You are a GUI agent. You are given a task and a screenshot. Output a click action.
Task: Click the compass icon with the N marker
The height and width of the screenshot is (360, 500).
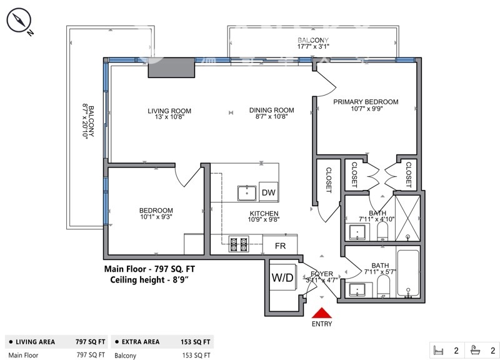pos(19,21)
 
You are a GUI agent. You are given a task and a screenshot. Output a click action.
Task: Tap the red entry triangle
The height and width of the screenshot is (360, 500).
pos(322,312)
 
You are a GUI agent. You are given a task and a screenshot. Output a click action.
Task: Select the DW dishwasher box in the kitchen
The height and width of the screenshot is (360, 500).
pos(269,192)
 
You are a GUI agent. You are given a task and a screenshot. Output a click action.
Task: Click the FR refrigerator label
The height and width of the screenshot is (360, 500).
pos(280,246)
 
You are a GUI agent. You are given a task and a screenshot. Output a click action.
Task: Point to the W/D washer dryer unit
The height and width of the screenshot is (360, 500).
pos(282,277)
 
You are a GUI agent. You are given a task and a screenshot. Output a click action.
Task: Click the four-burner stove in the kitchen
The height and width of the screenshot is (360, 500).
pos(239,244)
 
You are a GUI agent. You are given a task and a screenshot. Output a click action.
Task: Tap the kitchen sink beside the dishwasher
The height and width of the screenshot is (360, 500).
pos(247,193)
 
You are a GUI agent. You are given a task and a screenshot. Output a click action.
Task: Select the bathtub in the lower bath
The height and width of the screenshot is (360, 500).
pos(408,273)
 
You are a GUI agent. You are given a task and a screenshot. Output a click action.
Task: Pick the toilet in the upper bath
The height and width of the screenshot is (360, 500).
pos(382,231)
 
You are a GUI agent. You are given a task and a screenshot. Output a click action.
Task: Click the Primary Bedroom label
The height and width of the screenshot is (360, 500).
pos(366,102)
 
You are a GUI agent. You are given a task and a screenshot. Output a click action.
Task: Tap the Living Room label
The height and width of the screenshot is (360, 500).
pos(169,111)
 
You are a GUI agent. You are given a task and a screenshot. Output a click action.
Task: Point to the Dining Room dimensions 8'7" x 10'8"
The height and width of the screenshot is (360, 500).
pos(272,117)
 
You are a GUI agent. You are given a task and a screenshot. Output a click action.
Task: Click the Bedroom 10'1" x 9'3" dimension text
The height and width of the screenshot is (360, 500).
pos(156,217)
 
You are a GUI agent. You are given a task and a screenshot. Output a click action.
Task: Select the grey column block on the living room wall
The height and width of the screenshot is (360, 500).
pos(171,68)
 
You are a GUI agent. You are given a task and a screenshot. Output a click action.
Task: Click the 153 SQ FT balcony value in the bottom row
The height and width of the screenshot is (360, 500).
pos(196,355)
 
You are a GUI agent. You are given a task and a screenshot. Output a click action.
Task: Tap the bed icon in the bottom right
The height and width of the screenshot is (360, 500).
pos(439,351)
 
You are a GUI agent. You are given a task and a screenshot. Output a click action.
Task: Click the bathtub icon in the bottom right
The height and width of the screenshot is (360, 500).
pos(476,350)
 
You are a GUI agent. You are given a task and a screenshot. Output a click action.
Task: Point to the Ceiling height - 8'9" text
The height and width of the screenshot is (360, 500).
pos(149,279)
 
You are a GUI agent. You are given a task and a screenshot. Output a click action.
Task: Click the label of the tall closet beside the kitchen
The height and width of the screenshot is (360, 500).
pos(329,180)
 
